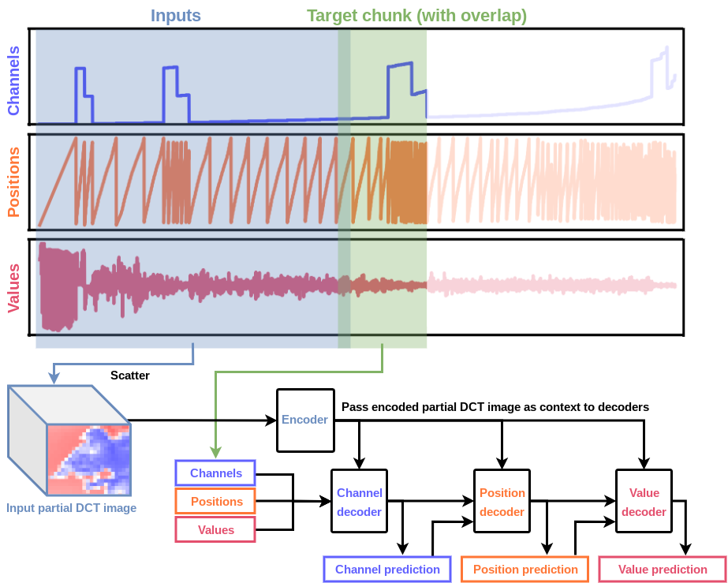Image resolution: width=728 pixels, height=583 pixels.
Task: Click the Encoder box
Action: (x=304, y=420)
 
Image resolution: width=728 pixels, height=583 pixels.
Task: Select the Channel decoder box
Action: (x=359, y=502)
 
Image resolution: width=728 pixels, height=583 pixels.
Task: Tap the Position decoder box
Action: (x=502, y=502)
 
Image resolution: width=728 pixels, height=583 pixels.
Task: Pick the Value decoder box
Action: (x=644, y=502)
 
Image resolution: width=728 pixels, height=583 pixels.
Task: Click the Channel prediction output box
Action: (x=387, y=569)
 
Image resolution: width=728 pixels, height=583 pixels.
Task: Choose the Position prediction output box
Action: (x=525, y=569)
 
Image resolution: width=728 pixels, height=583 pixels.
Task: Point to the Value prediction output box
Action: (x=663, y=569)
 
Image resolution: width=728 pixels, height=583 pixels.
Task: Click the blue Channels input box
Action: (x=215, y=473)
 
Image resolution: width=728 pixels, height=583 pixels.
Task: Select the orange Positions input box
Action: (x=215, y=502)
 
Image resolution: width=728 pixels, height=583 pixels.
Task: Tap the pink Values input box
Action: (x=215, y=529)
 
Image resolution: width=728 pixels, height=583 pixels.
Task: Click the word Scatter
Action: (x=130, y=376)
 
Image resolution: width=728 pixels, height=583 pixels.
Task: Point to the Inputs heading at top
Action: (x=175, y=15)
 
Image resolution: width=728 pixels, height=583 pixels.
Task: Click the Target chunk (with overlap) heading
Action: (x=416, y=15)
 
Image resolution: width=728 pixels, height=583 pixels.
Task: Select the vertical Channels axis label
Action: (x=13, y=80)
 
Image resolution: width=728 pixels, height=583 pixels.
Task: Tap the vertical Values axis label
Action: (x=13, y=283)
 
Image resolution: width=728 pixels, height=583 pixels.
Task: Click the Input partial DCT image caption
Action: (x=71, y=508)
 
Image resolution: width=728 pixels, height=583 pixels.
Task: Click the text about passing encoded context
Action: (x=495, y=407)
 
